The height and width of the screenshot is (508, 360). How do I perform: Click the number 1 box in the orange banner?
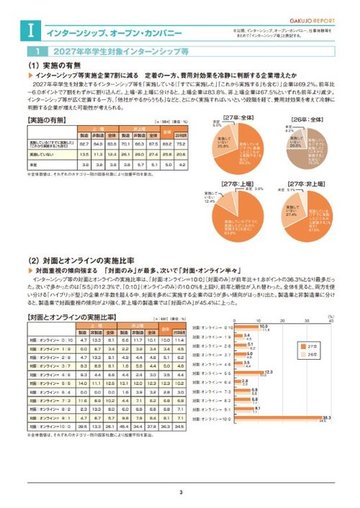coord(36,52)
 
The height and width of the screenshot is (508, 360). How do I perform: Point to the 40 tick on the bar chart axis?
coord(330,319)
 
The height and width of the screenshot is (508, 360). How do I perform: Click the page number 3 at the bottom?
coord(181,493)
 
